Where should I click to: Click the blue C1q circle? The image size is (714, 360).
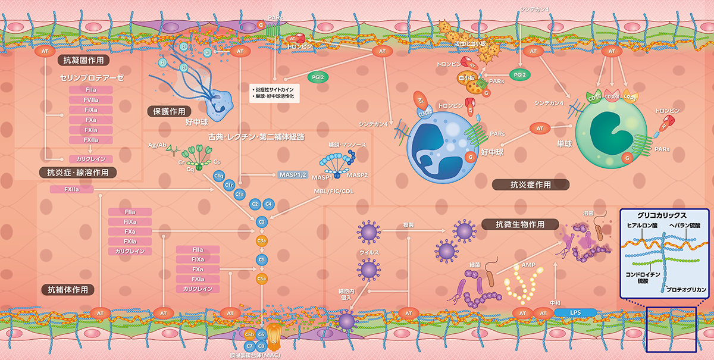coord(218,176)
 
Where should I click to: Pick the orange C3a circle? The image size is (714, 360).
coord(261,240)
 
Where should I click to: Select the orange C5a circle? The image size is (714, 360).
coord(261,278)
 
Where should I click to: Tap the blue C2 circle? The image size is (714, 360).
coord(255,204)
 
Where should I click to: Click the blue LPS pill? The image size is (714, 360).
coord(575,312)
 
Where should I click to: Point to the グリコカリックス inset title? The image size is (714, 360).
coord(665,215)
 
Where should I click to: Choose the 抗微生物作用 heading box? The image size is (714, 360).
coord(519,224)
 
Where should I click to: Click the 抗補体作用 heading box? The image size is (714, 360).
coord(68,290)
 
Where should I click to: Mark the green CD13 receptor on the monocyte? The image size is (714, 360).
coord(593,96)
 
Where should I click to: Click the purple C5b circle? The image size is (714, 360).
coord(249,334)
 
